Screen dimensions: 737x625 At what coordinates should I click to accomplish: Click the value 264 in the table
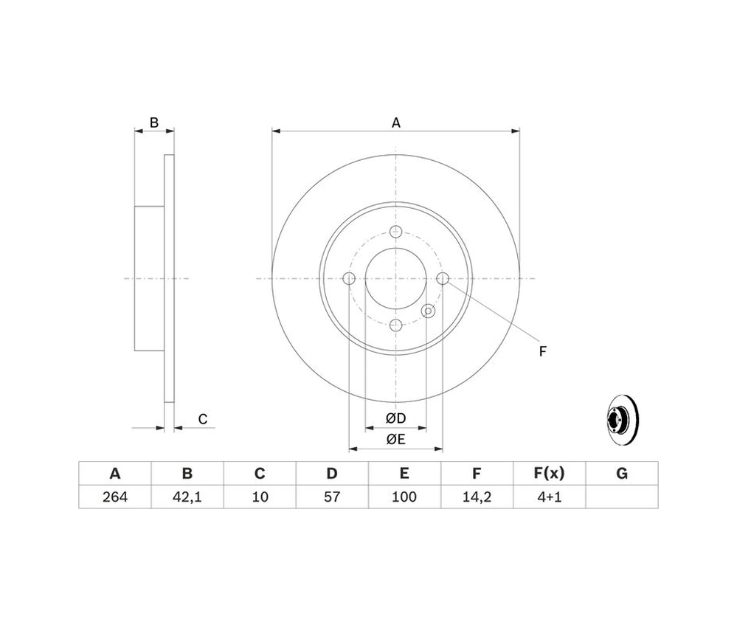(x=114, y=497)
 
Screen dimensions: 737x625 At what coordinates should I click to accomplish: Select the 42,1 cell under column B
(x=187, y=497)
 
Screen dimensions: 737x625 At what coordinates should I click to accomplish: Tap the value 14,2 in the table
(x=477, y=497)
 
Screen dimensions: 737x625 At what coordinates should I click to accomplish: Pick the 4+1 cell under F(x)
(x=549, y=497)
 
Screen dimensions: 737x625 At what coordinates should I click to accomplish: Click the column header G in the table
(x=621, y=473)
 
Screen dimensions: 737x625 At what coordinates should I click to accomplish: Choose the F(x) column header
(x=549, y=473)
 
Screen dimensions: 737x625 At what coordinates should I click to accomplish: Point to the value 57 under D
(x=332, y=497)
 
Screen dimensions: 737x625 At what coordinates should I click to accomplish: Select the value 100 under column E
(x=404, y=497)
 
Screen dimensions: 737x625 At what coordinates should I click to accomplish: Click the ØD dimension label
(x=395, y=418)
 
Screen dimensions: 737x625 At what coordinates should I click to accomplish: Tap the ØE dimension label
(x=395, y=439)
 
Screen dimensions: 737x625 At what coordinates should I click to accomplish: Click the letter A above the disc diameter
(x=396, y=122)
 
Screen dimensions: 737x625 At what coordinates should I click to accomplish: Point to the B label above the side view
(x=154, y=122)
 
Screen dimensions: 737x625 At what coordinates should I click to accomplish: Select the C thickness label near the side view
(x=203, y=419)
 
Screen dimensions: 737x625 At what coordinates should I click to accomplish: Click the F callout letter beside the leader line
(x=542, y=351)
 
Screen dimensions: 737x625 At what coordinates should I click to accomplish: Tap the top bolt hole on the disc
(x=395, y=232)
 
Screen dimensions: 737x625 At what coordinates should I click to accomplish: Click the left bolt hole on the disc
(x=349, y=278)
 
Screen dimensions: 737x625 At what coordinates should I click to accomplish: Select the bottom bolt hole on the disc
(x=395, y=325)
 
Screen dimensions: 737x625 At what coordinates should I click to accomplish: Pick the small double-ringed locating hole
(x=428, y=311)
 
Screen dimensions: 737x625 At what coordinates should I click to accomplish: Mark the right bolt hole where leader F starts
(x=443, y=278)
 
